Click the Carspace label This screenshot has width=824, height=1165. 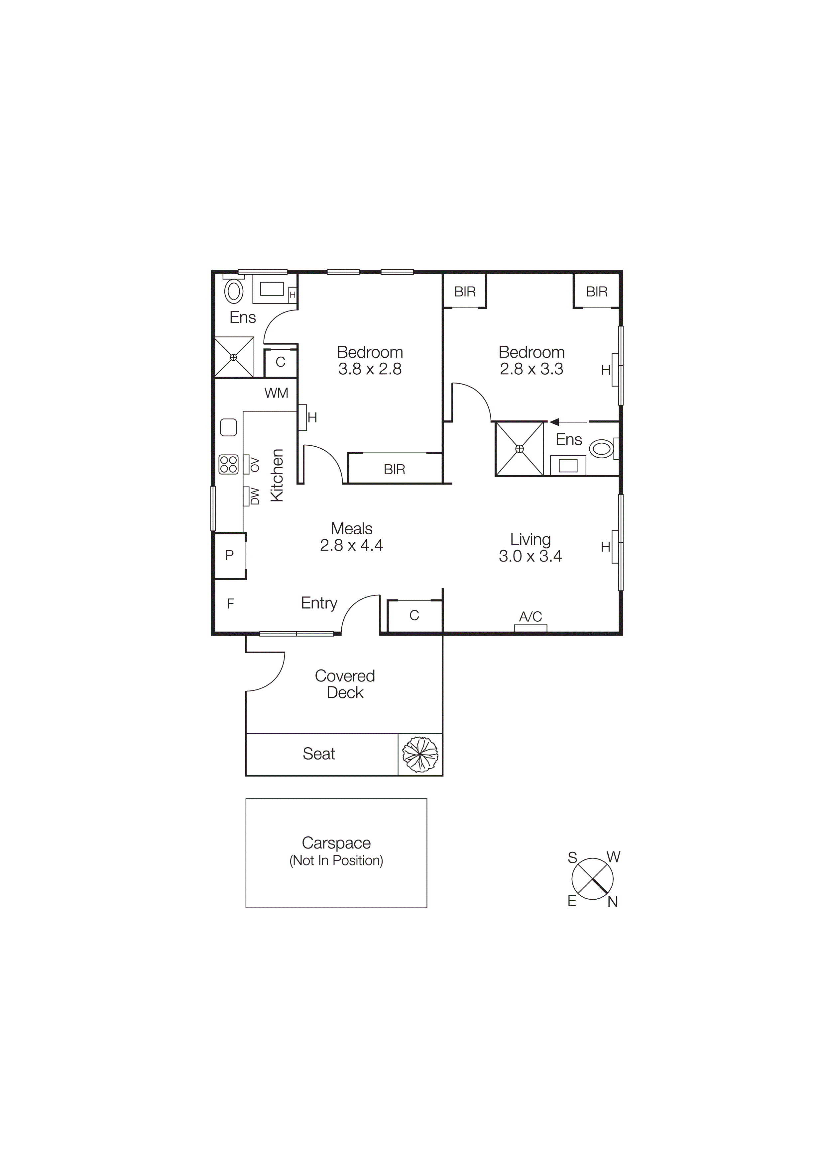[336, 843]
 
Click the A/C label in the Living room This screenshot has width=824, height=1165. [530, 616]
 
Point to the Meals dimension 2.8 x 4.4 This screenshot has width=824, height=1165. [351, 545]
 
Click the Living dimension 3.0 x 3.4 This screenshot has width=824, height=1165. [530, 556]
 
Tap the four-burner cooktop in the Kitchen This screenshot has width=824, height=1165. [228, 464]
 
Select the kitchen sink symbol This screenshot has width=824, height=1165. [228, 427]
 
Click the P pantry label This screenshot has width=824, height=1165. [229, 555]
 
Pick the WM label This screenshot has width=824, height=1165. [276, 393]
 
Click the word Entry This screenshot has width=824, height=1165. [319, 603]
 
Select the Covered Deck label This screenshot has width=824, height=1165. [345, 684]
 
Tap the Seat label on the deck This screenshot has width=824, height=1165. [319, 754]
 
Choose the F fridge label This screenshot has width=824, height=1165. [230, 604]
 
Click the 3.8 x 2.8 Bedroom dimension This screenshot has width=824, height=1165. [370, 369]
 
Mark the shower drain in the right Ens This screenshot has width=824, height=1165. [520, 449]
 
